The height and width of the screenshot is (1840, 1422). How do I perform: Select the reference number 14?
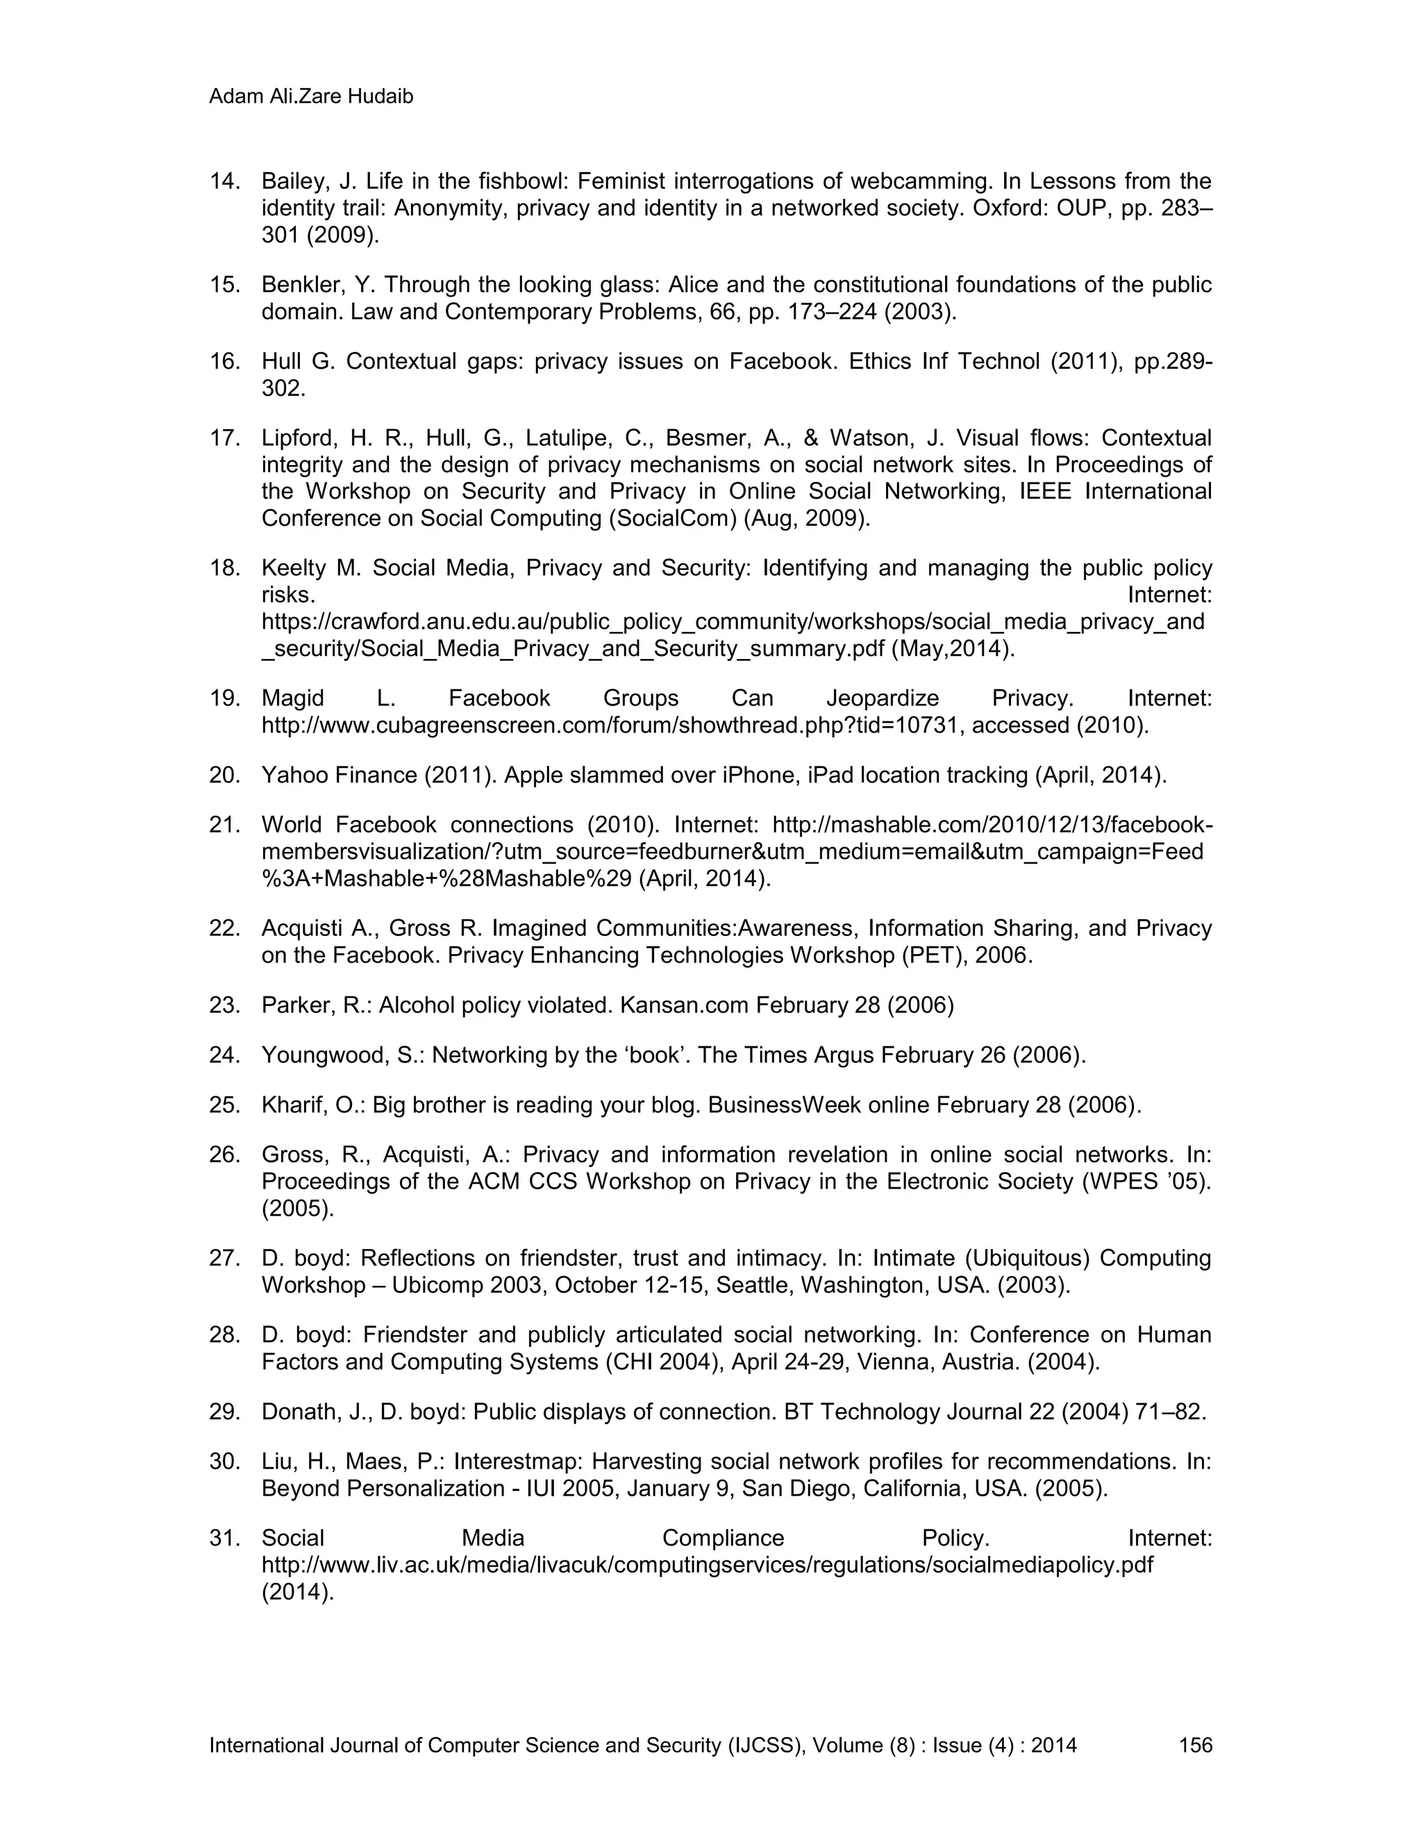tap(224, 181)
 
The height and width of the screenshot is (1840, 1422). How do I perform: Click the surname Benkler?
tap(299, 285)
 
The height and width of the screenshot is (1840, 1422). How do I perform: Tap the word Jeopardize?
tap(882, 699)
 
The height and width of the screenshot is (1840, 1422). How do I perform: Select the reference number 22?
tap(224, 928)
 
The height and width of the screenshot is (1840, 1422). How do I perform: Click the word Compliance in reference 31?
tap(723, 1539)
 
